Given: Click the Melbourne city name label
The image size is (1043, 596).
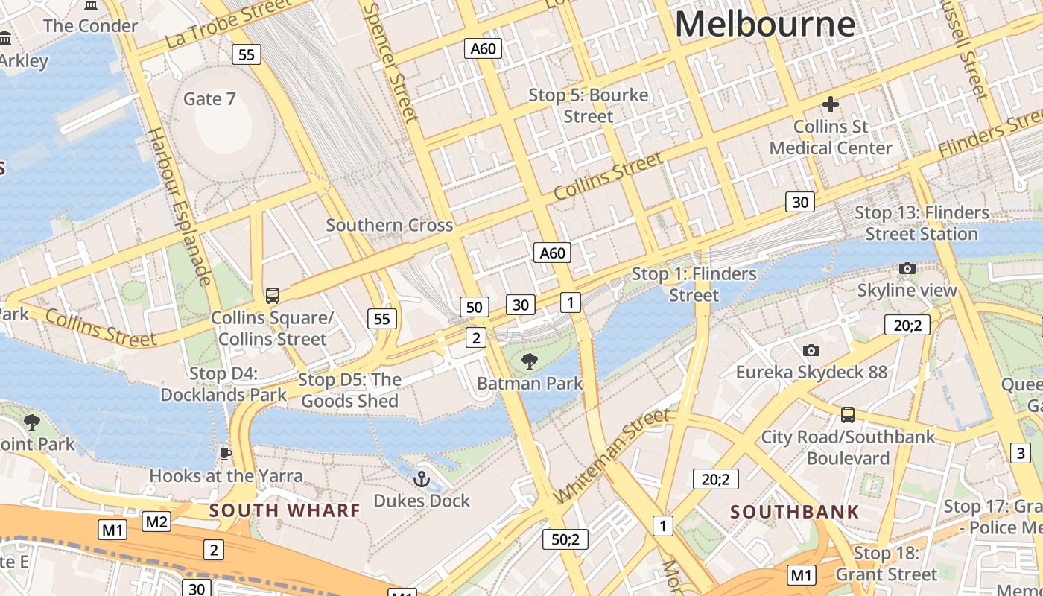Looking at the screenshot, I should tap(764, 24).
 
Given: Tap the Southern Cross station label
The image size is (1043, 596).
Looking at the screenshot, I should tap(389, 225).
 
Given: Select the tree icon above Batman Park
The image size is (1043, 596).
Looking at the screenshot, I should tap(529, 362).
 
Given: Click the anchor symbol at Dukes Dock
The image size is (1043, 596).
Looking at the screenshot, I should tap(422, 478).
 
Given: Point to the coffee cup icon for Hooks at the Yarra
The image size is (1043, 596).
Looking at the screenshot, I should tap(226, 454).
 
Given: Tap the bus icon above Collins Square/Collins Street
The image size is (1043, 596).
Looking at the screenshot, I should tap(273, 296).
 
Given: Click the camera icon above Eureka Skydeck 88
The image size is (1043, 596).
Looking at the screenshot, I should tap(811, 350).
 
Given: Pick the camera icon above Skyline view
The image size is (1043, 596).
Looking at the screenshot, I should tap(907, 268).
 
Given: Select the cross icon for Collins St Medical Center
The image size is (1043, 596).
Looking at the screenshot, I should tap(830, 105).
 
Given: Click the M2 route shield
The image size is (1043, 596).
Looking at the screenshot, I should tap(156, 521).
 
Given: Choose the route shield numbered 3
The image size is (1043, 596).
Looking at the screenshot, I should tap(1020, 452).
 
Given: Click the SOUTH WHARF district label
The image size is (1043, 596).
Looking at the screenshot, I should tap(285, 511).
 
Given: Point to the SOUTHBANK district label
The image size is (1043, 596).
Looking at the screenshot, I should tap(794, 512).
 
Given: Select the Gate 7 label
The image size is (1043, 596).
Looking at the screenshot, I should tap(209, 99).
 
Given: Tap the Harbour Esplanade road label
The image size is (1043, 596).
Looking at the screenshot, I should tap(180, 206).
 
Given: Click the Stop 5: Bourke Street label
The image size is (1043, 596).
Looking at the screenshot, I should tap(588, 106).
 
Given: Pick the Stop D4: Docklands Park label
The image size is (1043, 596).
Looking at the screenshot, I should tap(223, 384).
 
